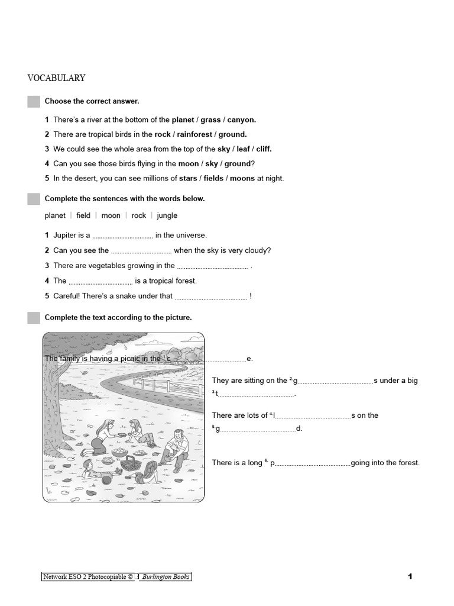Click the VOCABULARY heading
(57, 78)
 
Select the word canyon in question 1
(241, 120)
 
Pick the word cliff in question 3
(264, 149)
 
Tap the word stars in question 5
(188, 178)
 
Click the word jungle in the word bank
(167, 216)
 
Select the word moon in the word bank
(111, 216)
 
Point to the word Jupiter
(65, 236)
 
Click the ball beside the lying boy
(106, 480)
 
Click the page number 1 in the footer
(410, 577)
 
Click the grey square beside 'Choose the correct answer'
(34, 102)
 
